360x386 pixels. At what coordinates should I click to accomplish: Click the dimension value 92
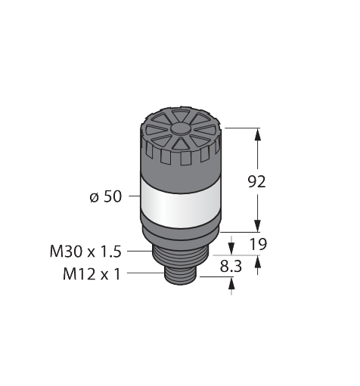coord(256,182)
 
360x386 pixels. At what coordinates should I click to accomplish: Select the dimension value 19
coord(258,244)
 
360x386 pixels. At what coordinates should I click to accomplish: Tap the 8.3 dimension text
coord(231,266)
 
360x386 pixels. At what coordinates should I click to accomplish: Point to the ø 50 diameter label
coord(106,196)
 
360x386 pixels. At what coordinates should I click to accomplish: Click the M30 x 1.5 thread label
coord(85,252)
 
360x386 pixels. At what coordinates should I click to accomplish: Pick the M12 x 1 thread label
coord(92,274)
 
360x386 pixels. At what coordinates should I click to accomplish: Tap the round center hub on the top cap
coord(180,128)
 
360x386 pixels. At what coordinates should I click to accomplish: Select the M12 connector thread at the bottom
coord(182,276)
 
